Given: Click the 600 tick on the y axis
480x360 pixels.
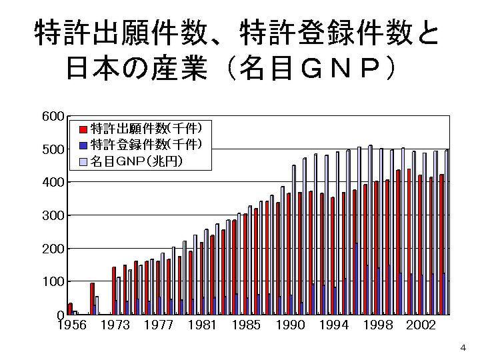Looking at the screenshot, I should coord(53,117).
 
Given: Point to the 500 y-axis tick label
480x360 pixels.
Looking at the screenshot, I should coord(53,149).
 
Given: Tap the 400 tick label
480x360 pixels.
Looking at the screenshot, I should coord(53,182).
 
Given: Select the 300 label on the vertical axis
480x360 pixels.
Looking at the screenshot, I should coord(53,215).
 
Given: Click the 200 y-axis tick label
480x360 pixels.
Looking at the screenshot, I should coord(53,249).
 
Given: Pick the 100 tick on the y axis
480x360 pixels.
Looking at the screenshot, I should coord(53,281).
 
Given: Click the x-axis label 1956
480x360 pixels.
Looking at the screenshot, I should coord(72,325).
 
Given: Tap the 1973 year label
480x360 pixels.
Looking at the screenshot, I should coord(115,325).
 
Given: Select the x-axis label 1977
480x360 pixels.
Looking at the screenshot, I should coord(159,325).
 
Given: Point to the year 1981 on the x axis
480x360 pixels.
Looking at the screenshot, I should coord(203,325).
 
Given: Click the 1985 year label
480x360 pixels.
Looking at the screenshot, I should coord(246,325).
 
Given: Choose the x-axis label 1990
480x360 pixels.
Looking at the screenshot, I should coord(290,325).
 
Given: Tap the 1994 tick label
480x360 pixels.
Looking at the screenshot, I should coord(333,325).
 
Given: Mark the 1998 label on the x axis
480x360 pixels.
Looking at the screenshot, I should coord(377,325).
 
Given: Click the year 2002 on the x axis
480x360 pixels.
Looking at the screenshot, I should coord(421,325).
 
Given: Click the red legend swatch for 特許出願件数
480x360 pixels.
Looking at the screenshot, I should coord(83,129).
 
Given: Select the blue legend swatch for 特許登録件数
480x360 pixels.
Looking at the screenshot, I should coord(83,145).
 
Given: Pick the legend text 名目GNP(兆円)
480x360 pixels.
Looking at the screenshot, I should coord(137,161).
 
